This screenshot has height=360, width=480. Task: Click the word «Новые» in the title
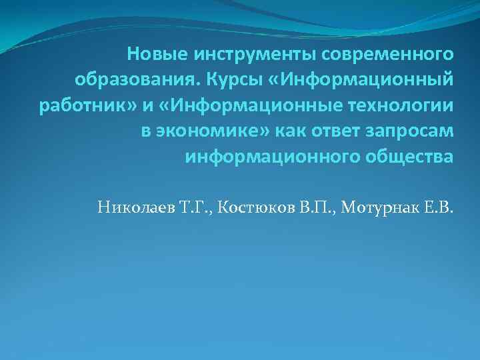tap(150, 53)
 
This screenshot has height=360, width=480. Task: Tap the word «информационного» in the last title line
tap(263, 158)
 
